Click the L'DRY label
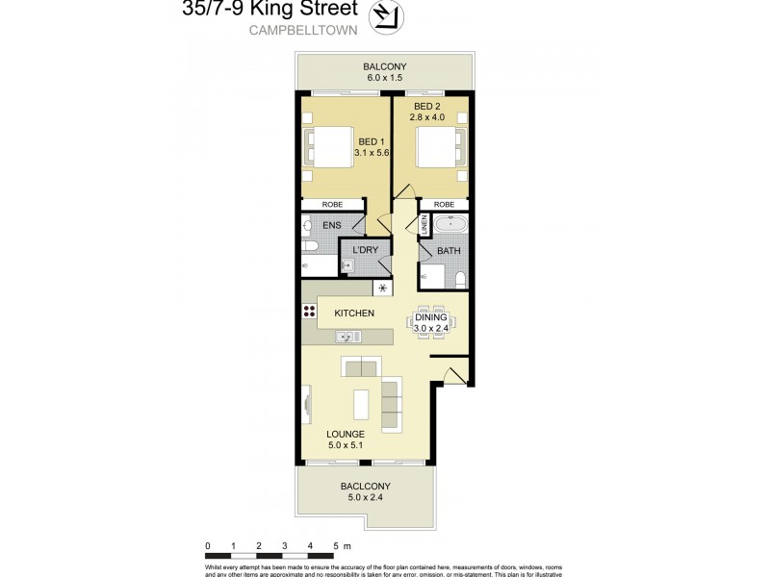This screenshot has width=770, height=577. click(x=366, y=250)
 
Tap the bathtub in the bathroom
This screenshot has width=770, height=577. click(x=449, y=227)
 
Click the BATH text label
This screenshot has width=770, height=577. click(x=449, y=251)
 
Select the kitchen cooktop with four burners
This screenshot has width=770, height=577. click(x=310, y=311)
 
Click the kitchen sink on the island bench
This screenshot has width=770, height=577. click(x=346, y=336)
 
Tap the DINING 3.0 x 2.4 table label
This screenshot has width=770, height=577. click(x=432, y=321)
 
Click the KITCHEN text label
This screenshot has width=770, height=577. click(x=353, y=314)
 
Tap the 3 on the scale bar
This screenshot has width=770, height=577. click(x=284, y=546)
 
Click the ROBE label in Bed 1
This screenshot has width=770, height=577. click(x=333, y=205)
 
